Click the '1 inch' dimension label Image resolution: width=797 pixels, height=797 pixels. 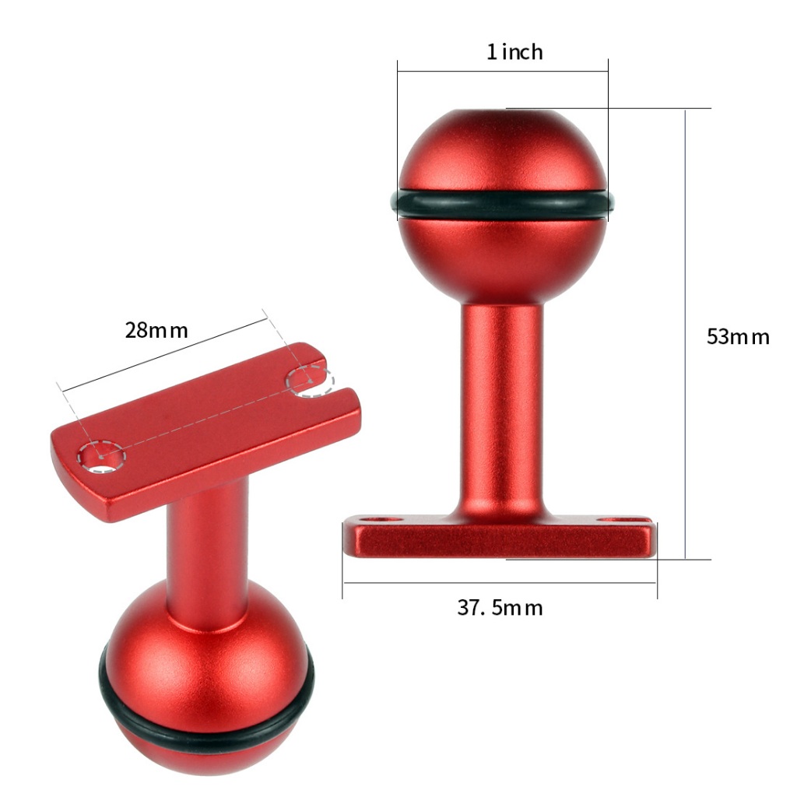(514, 52)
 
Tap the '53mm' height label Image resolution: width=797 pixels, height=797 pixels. (738, 337)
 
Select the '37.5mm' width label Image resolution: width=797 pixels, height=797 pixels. (500, 608)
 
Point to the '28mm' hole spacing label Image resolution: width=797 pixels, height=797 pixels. (156, 330)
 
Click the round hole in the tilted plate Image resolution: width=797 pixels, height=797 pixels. (102, 456)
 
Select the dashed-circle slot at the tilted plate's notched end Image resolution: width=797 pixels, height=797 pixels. (311, 381)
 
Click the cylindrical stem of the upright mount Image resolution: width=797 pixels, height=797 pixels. (502, 406)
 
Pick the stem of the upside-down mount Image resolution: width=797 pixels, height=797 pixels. (207, 549)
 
